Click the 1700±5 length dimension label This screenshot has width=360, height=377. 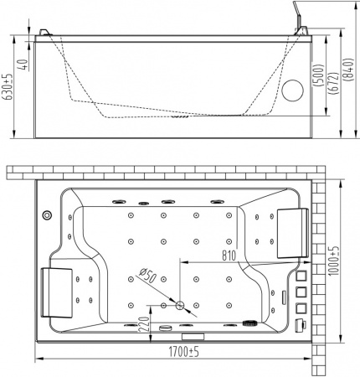[183, 352]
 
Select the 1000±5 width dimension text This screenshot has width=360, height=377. [333, 261]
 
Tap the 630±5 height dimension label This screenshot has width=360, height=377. [8, 86]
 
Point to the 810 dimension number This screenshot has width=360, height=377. [229, 256]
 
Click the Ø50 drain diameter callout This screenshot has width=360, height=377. [148, 275]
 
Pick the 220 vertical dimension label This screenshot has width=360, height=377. [144, 324]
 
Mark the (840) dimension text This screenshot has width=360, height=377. [349, 70]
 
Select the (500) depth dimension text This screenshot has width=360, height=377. [320, 75]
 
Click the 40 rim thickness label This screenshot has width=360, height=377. [24, 65]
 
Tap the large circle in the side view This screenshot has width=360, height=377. [293, 90]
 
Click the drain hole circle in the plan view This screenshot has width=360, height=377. [180, 305]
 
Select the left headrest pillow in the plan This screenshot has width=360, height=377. [57, 292]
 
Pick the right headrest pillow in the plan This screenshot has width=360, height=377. [293, 233]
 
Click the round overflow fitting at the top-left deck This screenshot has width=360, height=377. [47, 215]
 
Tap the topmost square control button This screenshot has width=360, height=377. [301, 276]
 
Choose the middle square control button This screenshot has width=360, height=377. [301, 292]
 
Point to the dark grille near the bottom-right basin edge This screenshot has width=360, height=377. [250, 323]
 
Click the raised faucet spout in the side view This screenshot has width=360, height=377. [300, 18]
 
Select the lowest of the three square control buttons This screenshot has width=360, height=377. [301, 308]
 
